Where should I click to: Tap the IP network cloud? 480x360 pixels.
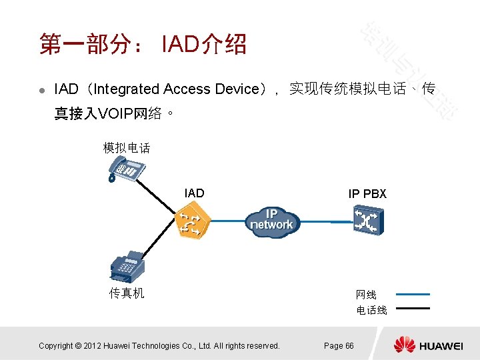click(x=272, y=220)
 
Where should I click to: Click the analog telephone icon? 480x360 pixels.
click(x=126, y=170)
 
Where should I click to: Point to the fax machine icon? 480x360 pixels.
click(x=126, y=267)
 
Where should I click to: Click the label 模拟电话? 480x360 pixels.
click(x=127, y=148)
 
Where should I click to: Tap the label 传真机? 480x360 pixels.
click(x=127, y=293)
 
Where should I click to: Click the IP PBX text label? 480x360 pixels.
click(x=367, y=194)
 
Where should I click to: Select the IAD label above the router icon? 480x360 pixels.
click(x=194, y=193)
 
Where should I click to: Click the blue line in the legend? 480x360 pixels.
click(x=413, y=294)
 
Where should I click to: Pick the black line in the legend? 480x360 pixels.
click(x=413, y=308)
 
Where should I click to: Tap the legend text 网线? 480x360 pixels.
click(x=366, y=295)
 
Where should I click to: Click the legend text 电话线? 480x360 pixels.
click(x=371, y=310)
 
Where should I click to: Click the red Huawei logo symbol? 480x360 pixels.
click(x=404, y=345)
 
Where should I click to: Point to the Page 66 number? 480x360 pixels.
click(x=339, y=345)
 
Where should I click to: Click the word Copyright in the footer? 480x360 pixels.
click(x=55, y=345)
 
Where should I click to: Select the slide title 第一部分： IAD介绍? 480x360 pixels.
click(x=143, y=45)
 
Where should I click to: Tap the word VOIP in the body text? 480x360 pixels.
click(x=115, y=114)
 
